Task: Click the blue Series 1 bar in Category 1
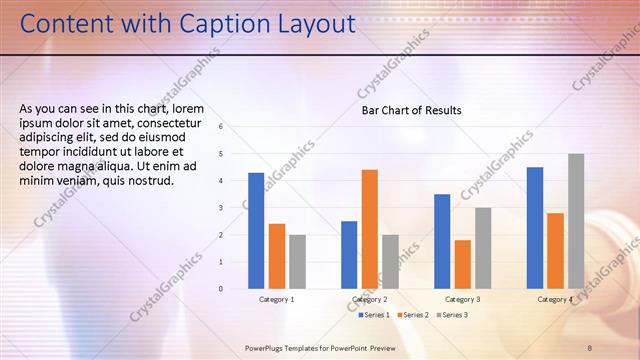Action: coord(256,231)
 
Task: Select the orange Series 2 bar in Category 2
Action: coord(370,229)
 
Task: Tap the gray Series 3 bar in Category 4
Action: coord(576,221)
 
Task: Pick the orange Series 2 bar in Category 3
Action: coord(462,264)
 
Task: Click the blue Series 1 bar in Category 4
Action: coord(535,228)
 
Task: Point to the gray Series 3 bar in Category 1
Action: coord(297,262)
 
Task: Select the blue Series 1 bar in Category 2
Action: coord(349,255)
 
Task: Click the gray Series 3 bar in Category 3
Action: coord(483,248)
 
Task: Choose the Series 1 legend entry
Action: coord(374,315)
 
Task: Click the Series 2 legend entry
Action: coord(413,315)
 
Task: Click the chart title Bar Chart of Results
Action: coord(412,110)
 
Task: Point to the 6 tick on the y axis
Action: coord(234,127)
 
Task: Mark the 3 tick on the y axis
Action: coord(234,208)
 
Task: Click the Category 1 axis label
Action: coord(277,299)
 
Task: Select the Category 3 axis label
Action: coord(462,299)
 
